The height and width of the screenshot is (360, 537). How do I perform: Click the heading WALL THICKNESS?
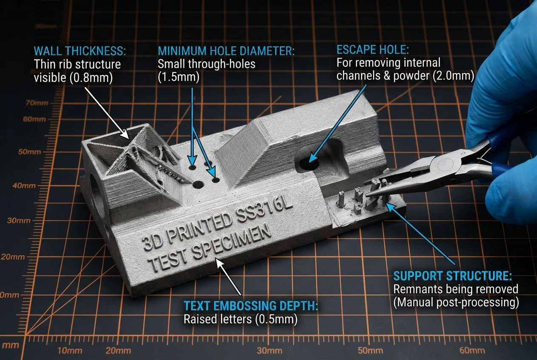pos(80,51)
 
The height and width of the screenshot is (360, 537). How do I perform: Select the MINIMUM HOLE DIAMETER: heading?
pos(226,51)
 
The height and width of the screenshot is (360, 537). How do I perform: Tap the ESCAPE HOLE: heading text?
pos(373,50)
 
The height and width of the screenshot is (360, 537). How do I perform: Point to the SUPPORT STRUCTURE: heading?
pos(452,276)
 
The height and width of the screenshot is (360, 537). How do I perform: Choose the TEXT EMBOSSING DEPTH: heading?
pos(251,306)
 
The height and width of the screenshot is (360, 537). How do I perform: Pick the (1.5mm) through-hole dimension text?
pos(178,77)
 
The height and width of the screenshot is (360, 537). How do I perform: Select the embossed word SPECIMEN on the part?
pos(232,243)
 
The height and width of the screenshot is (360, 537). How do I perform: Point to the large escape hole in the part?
pos(309,164)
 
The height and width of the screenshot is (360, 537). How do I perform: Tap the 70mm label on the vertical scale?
pos(37,103)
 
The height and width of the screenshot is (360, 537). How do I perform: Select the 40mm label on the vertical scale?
pos(24,186)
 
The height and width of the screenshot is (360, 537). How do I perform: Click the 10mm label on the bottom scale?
pos(70,351)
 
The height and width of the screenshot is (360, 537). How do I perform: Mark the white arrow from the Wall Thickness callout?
pos(107,113)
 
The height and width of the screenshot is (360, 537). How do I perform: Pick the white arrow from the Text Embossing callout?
pos(229,277)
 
